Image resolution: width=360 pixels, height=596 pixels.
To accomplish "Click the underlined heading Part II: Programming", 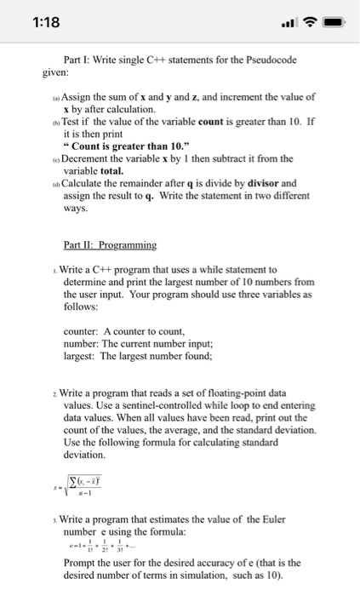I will (x=110, y=245).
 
